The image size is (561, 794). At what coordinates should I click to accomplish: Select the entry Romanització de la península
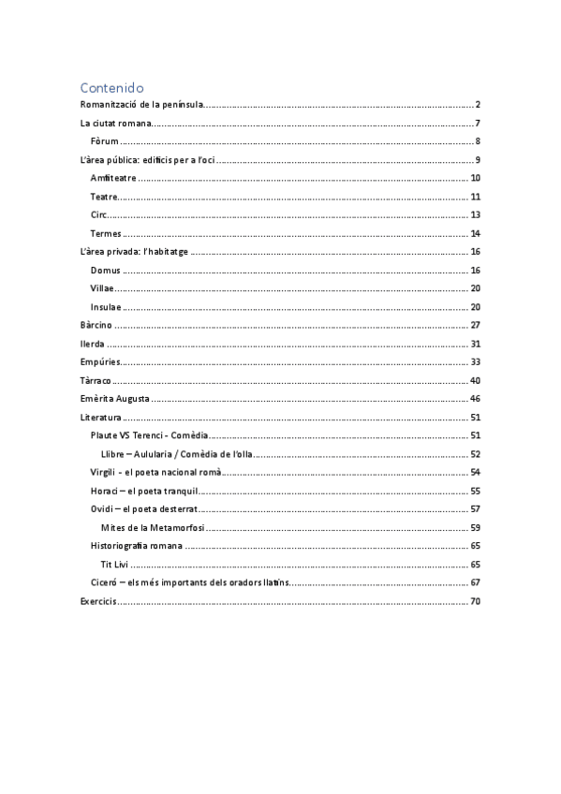(141, 104)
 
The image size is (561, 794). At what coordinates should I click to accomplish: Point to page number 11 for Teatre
(475, 197)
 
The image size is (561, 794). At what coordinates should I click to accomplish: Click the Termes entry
(106, 233)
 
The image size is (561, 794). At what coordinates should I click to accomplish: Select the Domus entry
(106, 271)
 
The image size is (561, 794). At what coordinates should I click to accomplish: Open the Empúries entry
(100, 362)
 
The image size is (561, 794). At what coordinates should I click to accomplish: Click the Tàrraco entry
(97, 381)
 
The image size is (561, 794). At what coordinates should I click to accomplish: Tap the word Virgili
(103, 472)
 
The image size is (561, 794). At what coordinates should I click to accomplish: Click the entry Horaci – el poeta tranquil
(144, 491)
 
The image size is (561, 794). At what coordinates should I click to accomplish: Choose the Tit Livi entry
(113, 565)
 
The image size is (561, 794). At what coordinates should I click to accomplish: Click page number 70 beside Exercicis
(475, 601)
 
